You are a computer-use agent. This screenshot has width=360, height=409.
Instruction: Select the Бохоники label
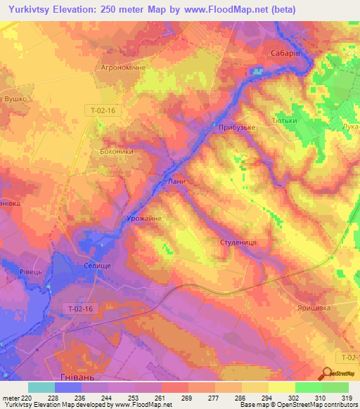[117, 150]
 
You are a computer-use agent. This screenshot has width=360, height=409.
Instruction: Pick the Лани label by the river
[175, 181]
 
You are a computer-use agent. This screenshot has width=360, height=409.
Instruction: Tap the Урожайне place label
[144, 219]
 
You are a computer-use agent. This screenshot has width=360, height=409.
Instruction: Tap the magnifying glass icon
[327, 376]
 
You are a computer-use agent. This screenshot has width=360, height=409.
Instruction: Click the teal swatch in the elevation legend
[41, 387]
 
